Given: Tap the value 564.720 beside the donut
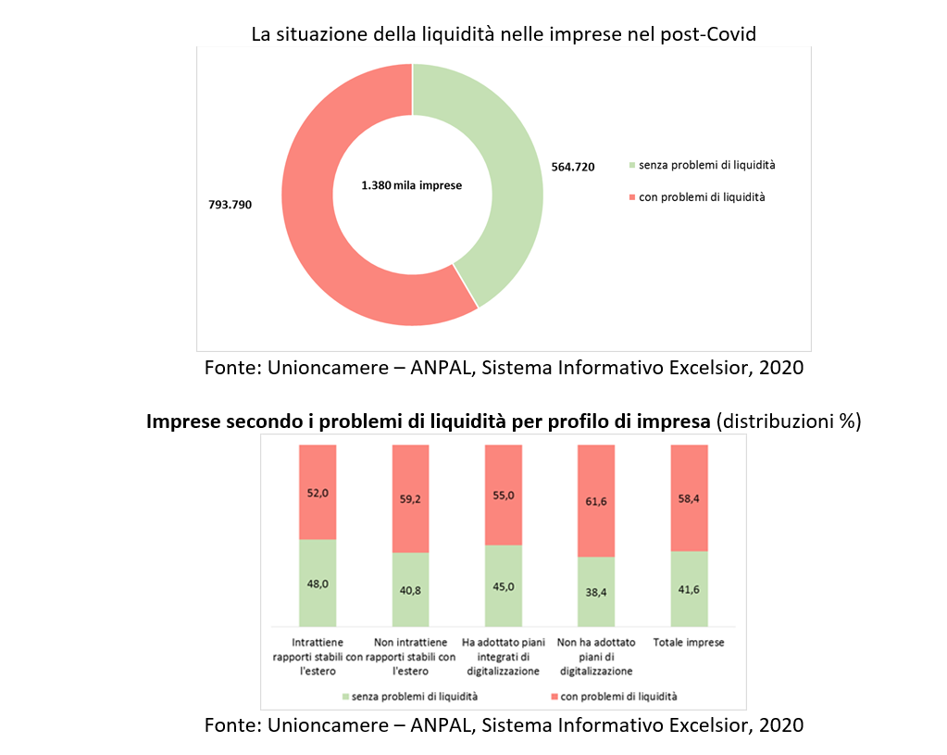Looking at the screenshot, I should point(572,167).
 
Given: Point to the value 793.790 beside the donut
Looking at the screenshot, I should point(230,204).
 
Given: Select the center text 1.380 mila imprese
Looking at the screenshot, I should point(411,185).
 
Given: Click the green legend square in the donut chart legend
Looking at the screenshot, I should point(633,166).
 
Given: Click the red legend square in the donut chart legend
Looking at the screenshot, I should point(633,197).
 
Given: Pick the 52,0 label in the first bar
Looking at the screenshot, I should point(318,495).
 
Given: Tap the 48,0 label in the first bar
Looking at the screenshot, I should point(318,584).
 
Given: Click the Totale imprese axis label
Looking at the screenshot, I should point(689,642).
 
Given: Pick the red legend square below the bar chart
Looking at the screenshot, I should point(554,696).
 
